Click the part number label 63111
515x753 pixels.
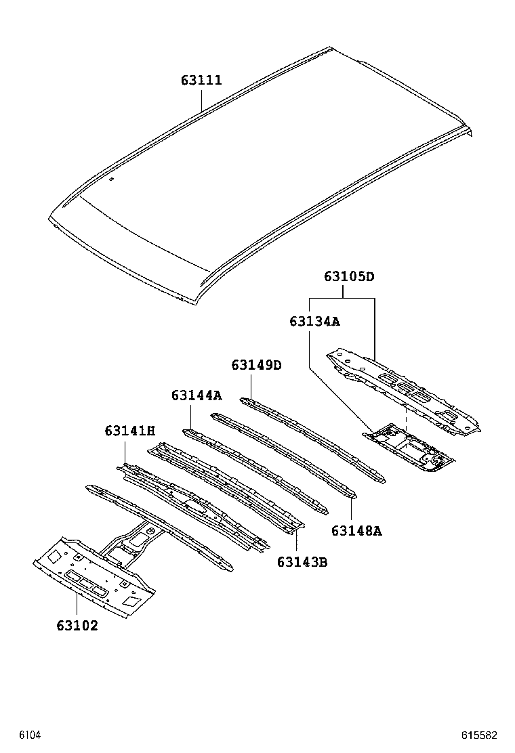point(201,81)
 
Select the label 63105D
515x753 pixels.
point(349,276)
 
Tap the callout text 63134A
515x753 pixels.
point(314,322)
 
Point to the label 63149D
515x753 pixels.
point(256,365)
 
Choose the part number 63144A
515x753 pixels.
point(197,395)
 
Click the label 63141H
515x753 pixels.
point(130,431)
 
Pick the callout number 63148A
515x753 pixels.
point(356,531)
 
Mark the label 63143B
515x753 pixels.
point(302,561)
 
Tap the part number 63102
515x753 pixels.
point(77,626)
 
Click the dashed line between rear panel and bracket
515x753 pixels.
point(405,414)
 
